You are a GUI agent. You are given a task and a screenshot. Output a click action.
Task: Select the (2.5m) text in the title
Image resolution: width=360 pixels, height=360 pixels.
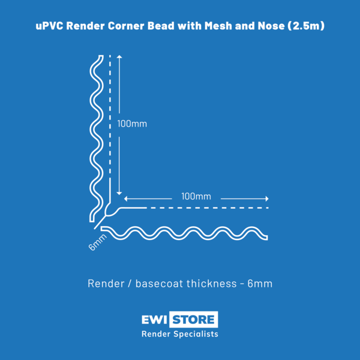[x=306, y=26]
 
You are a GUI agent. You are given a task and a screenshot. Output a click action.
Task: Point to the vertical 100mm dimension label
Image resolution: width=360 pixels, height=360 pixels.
[x=132, y=124]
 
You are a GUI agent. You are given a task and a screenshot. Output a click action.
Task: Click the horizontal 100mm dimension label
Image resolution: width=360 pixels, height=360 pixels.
[x=196, y=197]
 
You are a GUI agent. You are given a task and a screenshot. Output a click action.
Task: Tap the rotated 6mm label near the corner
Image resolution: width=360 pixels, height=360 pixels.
[x=98, y=242]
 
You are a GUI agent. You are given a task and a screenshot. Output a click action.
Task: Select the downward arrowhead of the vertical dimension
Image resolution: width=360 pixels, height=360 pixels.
[x=119, y=193]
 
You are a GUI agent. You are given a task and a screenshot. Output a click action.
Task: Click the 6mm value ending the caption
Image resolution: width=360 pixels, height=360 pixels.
[x=260, y=283]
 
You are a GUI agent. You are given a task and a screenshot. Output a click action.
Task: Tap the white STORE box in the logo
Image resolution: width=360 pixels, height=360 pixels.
[x=194, y=319]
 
